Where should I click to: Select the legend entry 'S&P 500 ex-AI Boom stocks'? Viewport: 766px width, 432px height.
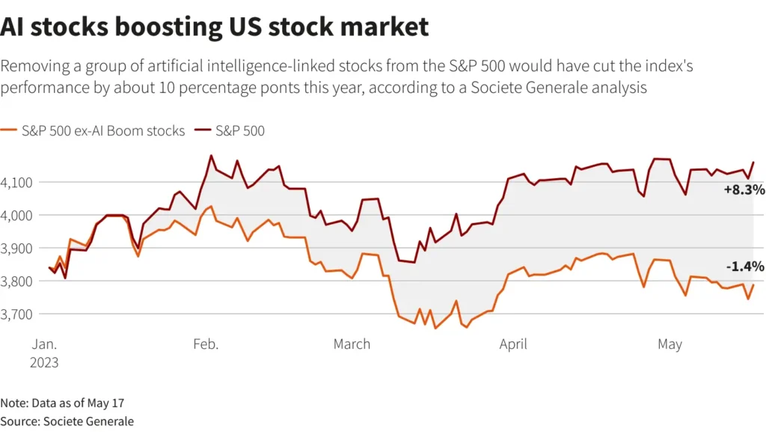93,131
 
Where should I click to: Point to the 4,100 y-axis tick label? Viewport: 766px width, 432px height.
16,182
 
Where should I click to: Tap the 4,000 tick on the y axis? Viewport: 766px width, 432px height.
16,215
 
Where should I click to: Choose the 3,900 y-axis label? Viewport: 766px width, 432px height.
16,248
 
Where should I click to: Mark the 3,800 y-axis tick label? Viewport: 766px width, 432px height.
16,281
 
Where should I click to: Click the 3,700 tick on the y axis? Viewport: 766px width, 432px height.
16,314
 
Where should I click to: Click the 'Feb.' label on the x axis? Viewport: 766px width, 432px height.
206,344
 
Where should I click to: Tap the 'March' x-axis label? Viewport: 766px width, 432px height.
352,344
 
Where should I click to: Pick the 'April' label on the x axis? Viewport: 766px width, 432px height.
513,344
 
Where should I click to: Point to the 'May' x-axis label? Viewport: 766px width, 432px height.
670,344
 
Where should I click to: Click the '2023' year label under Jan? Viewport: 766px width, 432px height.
45,362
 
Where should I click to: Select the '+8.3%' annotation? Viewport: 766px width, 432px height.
744,191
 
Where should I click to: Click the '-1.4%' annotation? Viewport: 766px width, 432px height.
744,267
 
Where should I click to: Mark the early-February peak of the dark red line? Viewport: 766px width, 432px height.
211,156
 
